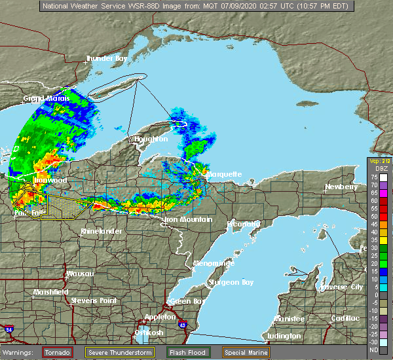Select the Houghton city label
pyautogui.click(x=151, y=139)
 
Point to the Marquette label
pyautogui.click(x=223, y=175)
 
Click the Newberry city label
pyautogui.click(x=343, y=187)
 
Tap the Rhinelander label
pyautogui.click(x=100, y=232)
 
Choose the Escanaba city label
pyautogui.click(x=245, y=225)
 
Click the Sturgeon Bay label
pyautogui.click(x=230, y=283)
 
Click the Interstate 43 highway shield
pyautogui.click(x=181, y=325)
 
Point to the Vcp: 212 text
pyautogui.click(x=379, y=160)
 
